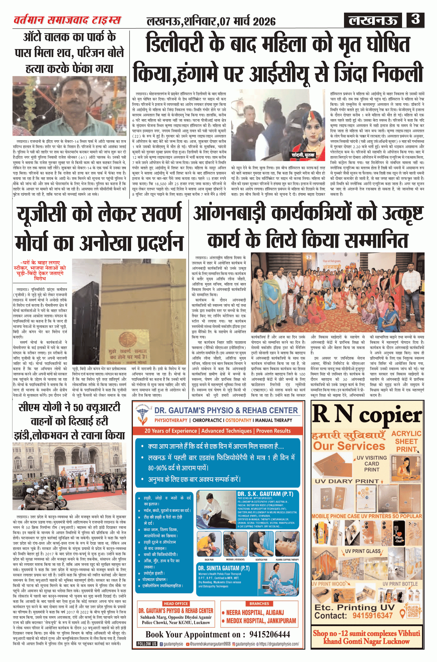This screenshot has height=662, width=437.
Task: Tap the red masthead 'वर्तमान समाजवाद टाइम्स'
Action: pyautogui.click(x=67, y=20)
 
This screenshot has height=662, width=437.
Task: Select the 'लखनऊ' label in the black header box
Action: pyautogui.click(x=373, y=20)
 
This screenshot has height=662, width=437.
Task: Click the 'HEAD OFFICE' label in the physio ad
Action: pyautogui.click(x=176, y=603)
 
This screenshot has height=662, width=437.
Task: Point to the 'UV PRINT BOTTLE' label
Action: pyautogui.click(x=400, y=584)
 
